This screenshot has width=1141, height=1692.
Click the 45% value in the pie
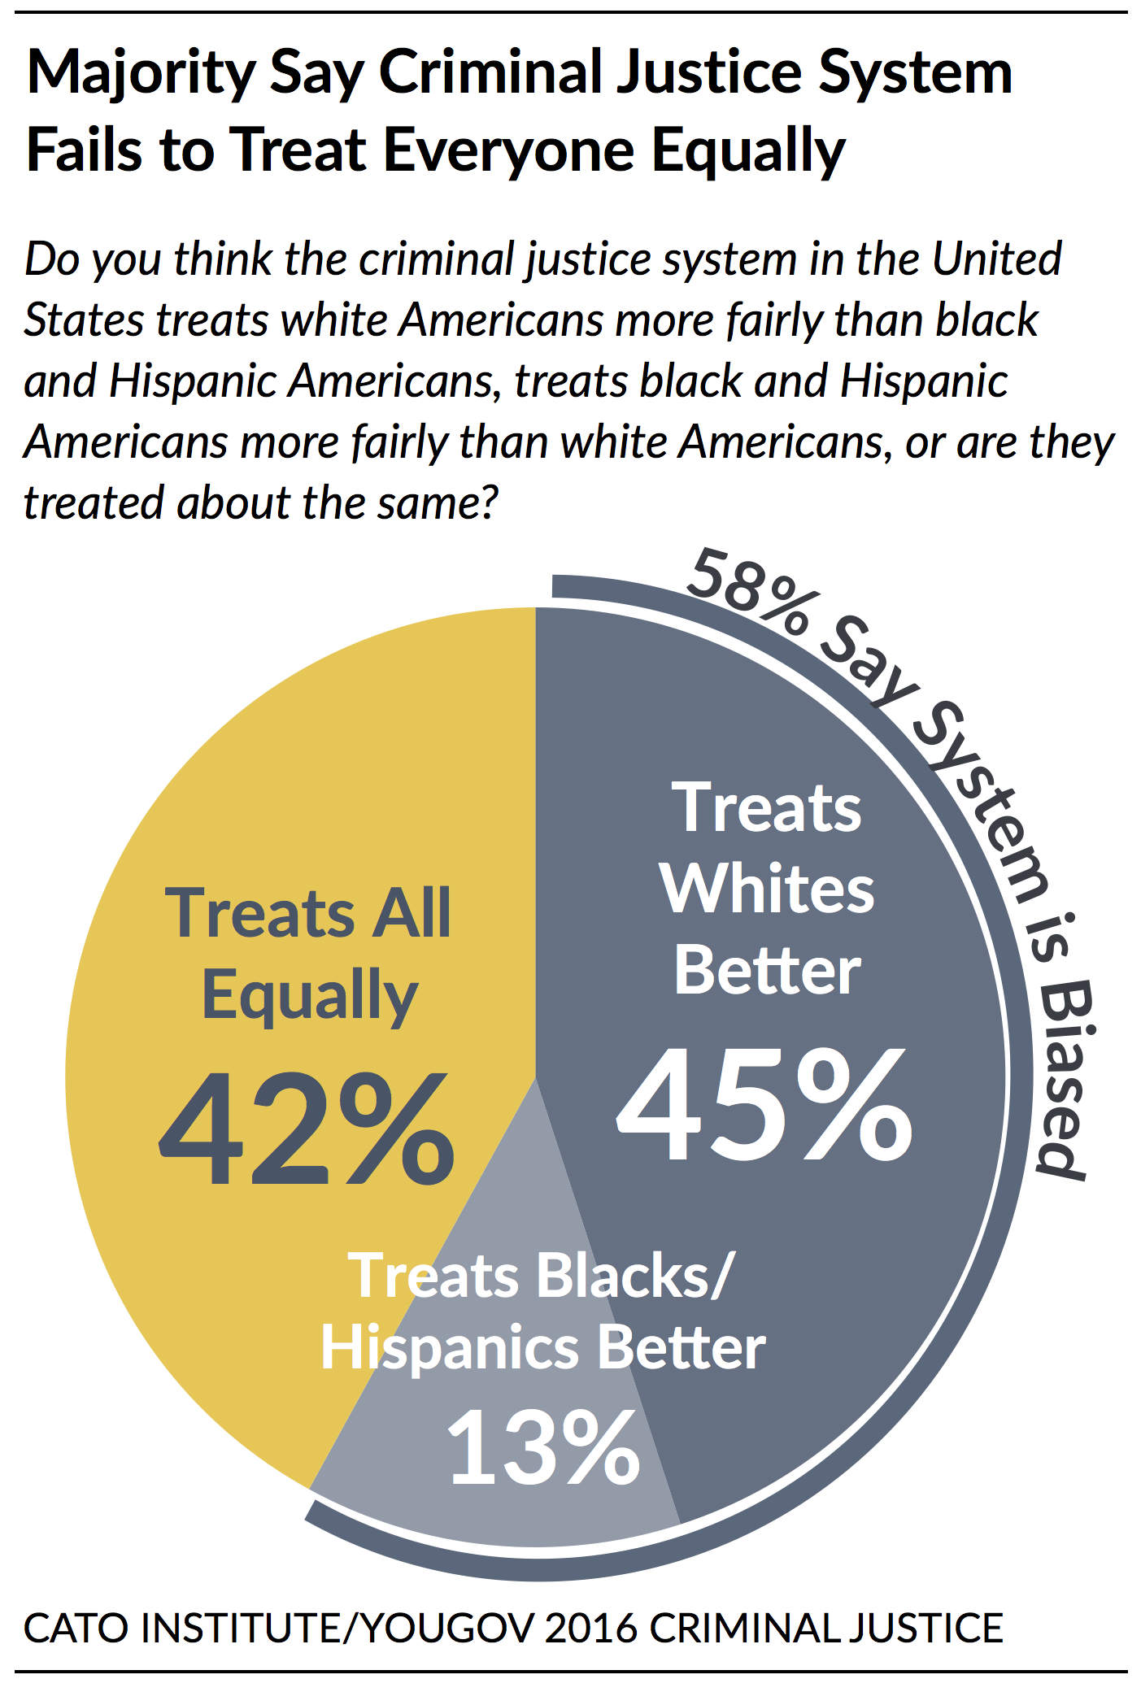pos(764,1105)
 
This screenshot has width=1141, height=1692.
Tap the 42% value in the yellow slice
pos(307,1130)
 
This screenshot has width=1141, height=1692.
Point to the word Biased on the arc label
pos(1064,1081)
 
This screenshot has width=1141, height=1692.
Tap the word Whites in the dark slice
pos(766,889)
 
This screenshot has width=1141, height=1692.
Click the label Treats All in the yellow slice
pos(307,913)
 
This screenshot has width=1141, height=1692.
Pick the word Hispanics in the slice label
pos(450,1348)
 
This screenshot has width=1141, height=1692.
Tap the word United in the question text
pos(996,259)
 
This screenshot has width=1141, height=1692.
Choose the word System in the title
pos(915,73)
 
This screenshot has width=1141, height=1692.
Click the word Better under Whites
pos(767,971)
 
